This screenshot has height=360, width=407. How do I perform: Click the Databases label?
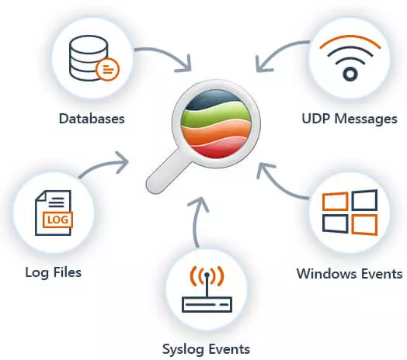92,119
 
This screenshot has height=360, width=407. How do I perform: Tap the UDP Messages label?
350,119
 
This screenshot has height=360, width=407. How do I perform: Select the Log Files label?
54,272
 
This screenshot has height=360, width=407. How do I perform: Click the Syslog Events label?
206,349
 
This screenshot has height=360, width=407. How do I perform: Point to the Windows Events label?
350,273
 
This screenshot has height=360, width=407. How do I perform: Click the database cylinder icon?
89,57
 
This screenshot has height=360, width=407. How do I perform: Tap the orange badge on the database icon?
107,69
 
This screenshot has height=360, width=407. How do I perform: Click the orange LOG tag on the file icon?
57,220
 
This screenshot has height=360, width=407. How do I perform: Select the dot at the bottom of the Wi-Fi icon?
350,74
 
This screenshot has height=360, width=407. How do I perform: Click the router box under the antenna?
207,305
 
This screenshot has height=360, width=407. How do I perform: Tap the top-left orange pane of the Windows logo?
335,201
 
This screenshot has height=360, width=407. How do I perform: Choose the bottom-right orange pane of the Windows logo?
364,225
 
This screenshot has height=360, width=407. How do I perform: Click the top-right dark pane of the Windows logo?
364,200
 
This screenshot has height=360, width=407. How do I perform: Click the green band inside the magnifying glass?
215,114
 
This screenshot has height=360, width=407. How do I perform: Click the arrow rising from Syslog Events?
197,220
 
